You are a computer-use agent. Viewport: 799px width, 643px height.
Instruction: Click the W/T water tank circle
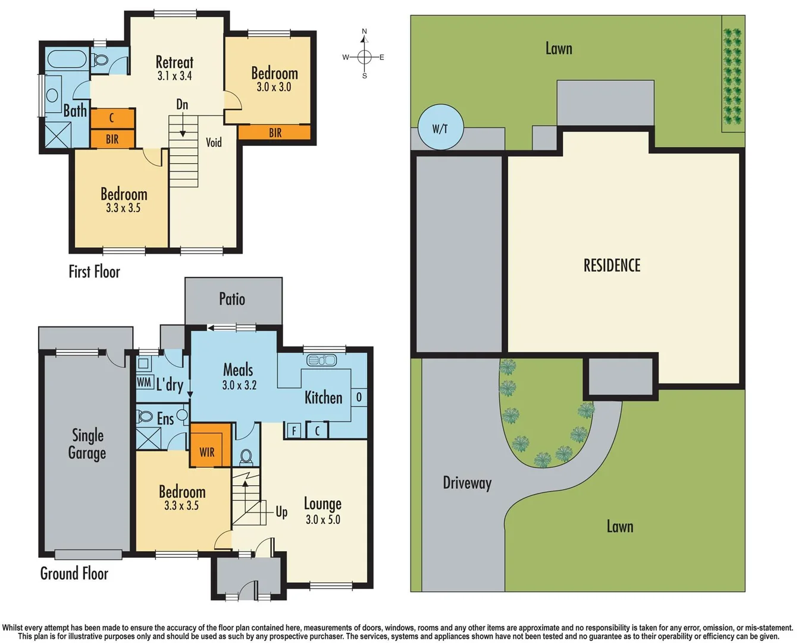(x=440, y=127)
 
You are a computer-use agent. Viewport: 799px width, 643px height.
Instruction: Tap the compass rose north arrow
(x=365, y=37)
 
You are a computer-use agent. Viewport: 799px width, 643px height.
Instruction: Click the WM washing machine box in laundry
(x=144, y=382)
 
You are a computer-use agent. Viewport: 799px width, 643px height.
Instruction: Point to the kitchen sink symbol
(x=321, y=360)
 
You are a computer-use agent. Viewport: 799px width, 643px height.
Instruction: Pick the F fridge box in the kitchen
(x=293, y=430)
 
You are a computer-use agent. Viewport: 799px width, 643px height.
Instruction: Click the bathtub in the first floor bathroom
(x=67, y=60)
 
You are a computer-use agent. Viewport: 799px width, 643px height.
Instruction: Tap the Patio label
(x=232, y=299)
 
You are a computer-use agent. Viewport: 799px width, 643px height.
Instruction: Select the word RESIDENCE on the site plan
(x=612, y=266)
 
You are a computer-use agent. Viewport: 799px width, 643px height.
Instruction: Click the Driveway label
(x=467, y=482)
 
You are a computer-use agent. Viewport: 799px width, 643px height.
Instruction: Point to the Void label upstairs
(x=214, y=142)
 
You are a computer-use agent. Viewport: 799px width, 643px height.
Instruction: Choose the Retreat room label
(x=174, y=62)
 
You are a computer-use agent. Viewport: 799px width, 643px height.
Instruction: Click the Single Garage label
(x=87, y=444)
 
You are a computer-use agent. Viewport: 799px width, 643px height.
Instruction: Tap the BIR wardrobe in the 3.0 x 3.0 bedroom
(x=275, y=133)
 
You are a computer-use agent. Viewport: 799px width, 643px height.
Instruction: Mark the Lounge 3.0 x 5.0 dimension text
(x=323, y=520)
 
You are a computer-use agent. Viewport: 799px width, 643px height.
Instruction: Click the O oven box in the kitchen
(x=359, y=397)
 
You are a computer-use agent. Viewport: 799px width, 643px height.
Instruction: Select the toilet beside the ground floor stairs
(x=246, y=457)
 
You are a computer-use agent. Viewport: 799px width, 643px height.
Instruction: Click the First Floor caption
(x=94, y=272)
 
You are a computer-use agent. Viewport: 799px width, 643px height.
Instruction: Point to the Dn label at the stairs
(x=182, y=105)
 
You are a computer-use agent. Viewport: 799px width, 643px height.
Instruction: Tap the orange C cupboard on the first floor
(x=112, y=118)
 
